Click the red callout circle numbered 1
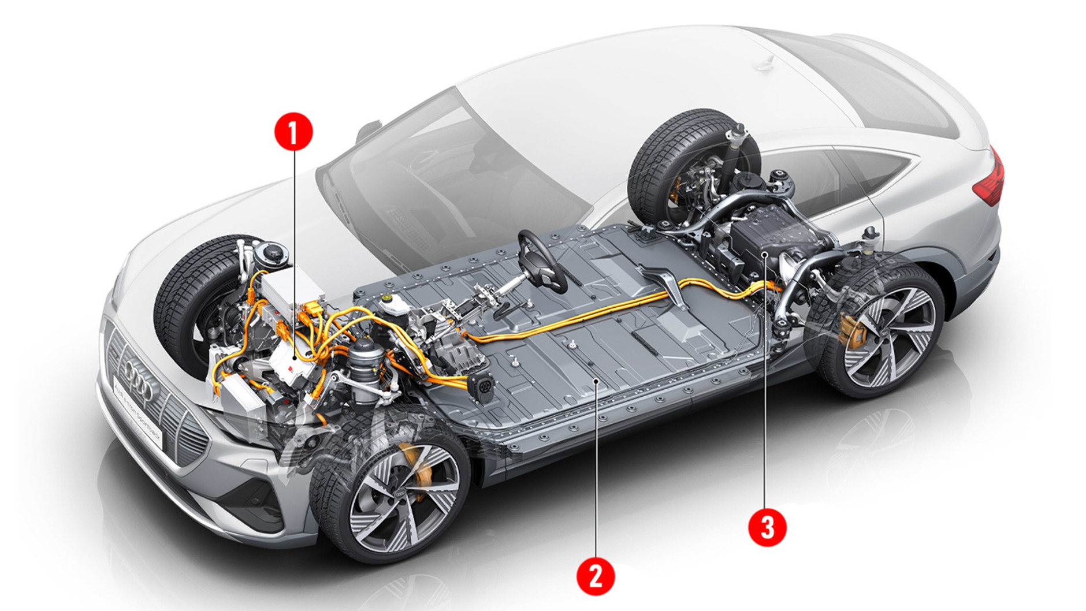[x=293, y=132]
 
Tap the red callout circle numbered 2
[x=596, y=575]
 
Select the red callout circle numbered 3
[x=767, y=527]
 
